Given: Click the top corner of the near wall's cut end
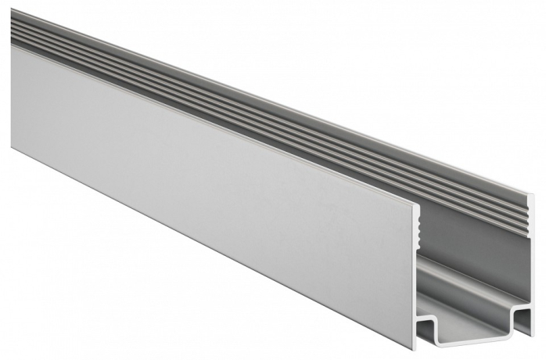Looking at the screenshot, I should pos(416,205).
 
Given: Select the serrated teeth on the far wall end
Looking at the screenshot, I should pos(532,213).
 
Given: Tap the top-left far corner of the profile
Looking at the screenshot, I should pos(12,10).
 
